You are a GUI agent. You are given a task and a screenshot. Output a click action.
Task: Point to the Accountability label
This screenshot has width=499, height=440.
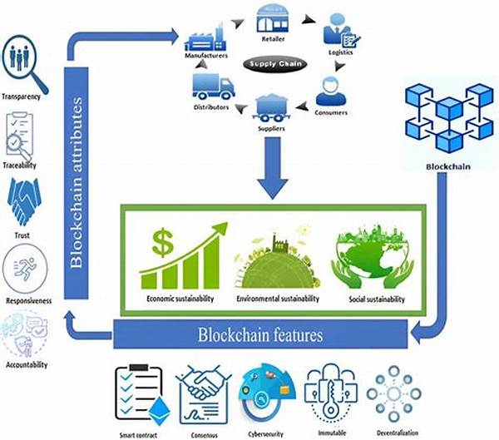pos(27,364)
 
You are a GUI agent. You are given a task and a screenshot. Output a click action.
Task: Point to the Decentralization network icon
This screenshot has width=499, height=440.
pos(394,391)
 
